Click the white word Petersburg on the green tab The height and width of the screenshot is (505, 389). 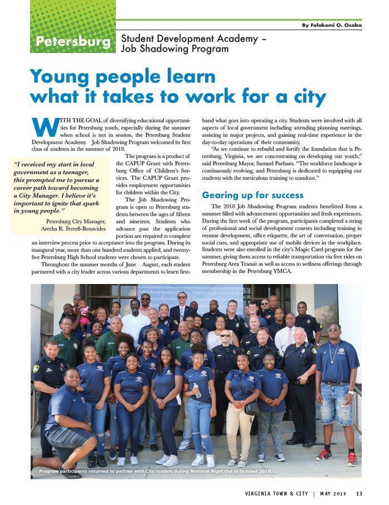click(x=72, y=42)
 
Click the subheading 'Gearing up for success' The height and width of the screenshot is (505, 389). click(x=252, y=195)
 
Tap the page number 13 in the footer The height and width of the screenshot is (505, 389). click(x=359, y=493)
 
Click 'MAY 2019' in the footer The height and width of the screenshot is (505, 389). click(x=334, y=493)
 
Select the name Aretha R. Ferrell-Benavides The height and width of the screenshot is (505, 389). click(x=73, y=229)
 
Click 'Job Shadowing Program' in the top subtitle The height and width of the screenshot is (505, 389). click(x=174, y=49)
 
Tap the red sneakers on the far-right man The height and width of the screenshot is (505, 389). click(x=337, y=455)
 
